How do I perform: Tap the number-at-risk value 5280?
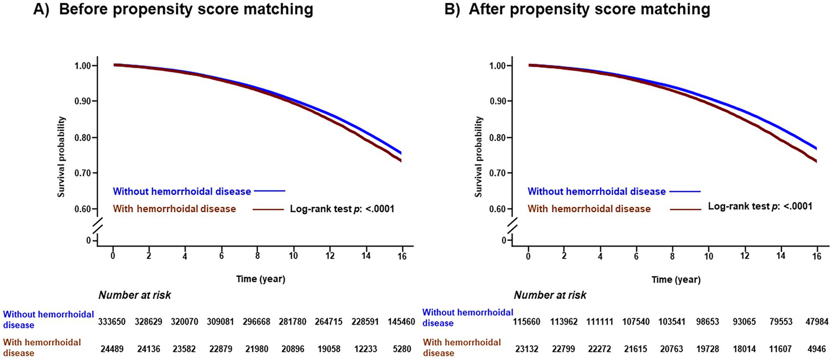click(x=404, y=348)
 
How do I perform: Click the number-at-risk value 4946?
click(x=818, y=348)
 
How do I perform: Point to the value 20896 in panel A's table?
click(x=294, y=348)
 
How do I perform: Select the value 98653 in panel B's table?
click(x=709, y=321)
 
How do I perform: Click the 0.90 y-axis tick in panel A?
click(x=82, y=102)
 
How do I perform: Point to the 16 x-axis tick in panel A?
click(x=402, y=257)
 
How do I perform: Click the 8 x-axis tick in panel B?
click(x=673, y=257)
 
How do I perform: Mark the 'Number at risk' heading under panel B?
click(x=550, y=295)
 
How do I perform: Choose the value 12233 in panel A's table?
click(x=367, y=348)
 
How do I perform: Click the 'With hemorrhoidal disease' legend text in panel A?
click(x=174, y=209)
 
